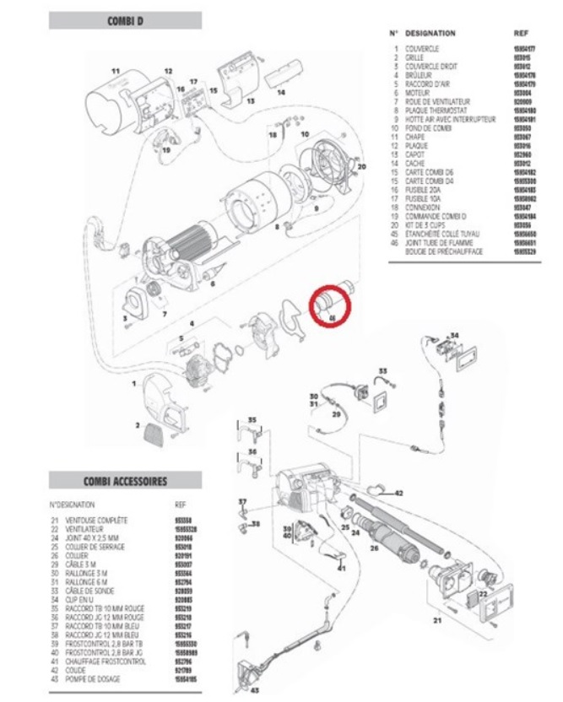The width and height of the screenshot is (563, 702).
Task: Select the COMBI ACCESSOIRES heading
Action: coord(125,481)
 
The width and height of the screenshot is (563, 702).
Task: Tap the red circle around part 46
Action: coord(331,308)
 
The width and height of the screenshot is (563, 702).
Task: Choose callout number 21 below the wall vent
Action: coord(438,620)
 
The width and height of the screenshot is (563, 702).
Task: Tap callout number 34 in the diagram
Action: coord(455,336)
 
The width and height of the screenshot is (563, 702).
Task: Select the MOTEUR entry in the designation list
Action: coord(418,93)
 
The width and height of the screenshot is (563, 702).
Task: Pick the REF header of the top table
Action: coord(521,34)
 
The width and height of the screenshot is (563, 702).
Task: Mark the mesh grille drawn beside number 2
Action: coord(152,435)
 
